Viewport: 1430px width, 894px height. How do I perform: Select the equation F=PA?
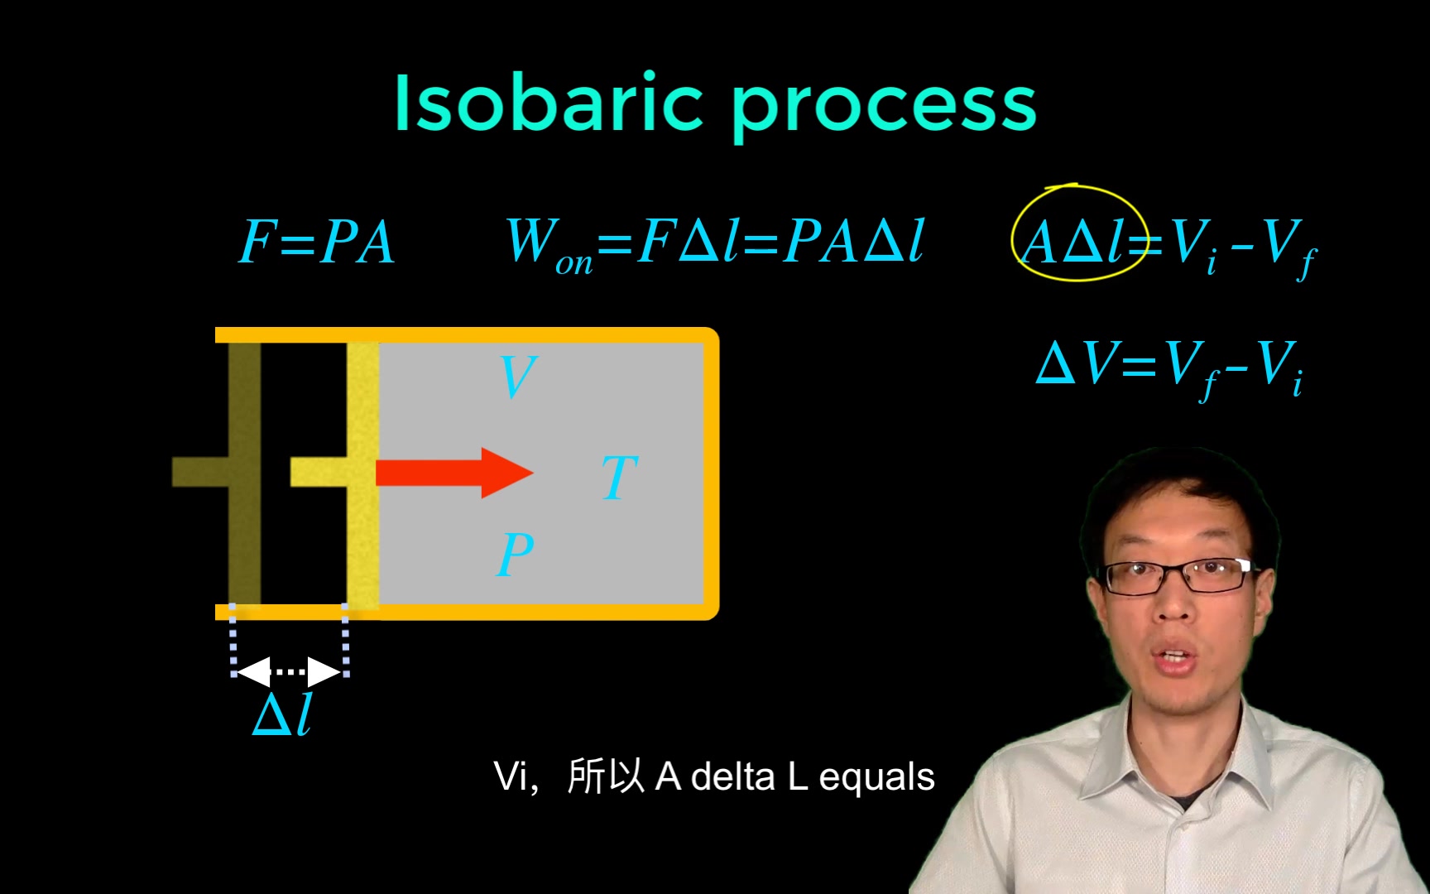click(x=317, y=243)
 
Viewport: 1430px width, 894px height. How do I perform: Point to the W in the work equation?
click(x=530, y=240)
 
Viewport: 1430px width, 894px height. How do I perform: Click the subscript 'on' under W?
click(x=573, y=264)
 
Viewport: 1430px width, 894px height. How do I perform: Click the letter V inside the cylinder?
click(x=519, y=377)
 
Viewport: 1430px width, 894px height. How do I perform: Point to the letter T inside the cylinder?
click(x=619, y=478)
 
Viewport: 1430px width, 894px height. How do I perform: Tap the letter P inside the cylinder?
click(x=515, y=554)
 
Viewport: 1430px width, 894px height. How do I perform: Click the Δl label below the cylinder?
click(x=283, y=714)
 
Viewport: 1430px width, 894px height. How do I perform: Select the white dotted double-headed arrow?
click(x=289, y=671)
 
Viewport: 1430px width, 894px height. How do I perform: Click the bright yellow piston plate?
click(x=362, y=472)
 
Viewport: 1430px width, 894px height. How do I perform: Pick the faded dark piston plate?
click(x=245, y=472)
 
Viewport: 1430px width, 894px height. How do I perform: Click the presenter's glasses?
click(x=1178, y=574)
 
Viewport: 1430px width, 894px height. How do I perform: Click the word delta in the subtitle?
click(x=732, y=777)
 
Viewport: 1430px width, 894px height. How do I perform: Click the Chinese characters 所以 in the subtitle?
click(x=606, y=777)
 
